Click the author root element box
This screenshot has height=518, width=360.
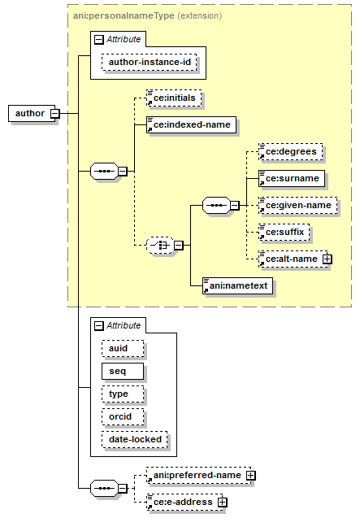click(x=32, y=113)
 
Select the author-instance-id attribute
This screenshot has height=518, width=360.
click(x=150, y=62)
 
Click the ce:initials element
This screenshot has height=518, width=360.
click(x=174, y=98)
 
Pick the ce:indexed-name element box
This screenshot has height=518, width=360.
click(x=192, y=124)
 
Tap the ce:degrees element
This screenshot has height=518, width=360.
click(x=291, y=151)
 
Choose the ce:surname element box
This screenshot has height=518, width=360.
click(x=292, y=178)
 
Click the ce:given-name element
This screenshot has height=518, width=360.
click(x=298, y=205)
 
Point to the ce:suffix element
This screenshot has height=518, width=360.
click(x=284, y=232)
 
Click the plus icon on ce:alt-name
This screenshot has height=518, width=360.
click(x=327, y=259)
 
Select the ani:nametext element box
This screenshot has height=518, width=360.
click(x=238, y=285)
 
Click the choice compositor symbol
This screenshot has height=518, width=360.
click(x=160, y=245)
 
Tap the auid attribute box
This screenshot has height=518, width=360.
click(x=123, y=349)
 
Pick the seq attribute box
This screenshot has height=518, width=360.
click(x=123, y=372)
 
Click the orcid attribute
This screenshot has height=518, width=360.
click(x=123, y=416)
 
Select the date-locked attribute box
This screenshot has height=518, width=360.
click(x=135, y=439)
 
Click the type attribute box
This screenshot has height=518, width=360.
click(x=123, y=394)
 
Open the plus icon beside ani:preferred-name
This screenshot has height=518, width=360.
click(x=251, y=475)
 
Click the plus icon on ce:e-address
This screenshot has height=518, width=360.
click(x=223, y=503)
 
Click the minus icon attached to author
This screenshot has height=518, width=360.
click(x=55, y=113)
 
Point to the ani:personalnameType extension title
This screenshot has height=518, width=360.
click(x=147, y=15)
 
